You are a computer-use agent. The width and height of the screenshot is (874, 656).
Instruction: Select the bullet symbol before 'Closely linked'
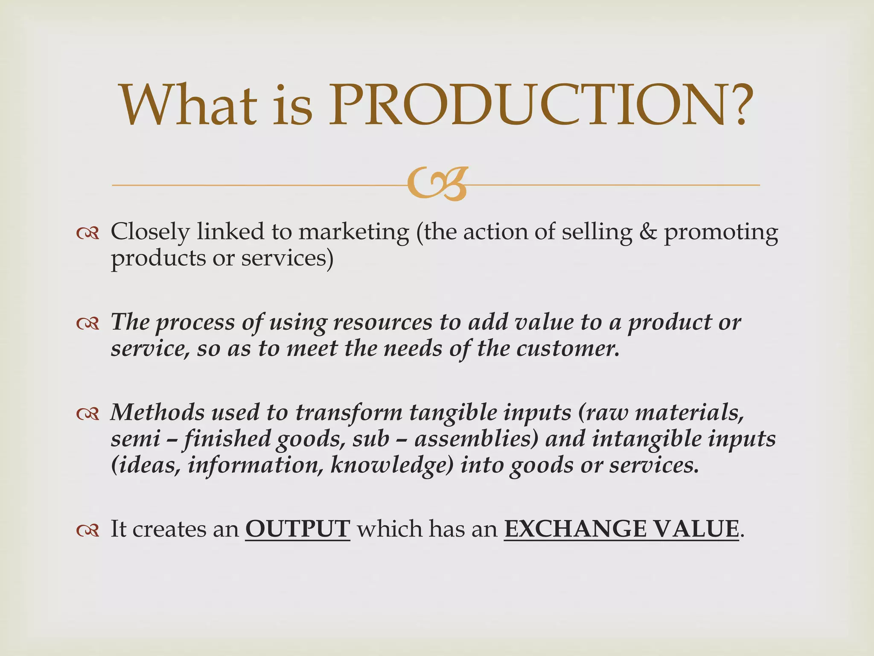pyautogui.click(x=88, y=233)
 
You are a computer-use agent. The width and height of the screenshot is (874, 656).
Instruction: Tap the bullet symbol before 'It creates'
pyautogui.click(x=88, y=530)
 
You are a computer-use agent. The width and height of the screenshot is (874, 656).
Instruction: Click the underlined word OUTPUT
pyautogui.click(x=297, y=529)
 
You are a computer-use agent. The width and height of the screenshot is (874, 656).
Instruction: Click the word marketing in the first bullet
pyautogui.click(x=353, y=233)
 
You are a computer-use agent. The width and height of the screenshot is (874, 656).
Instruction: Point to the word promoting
pyautogui.click(x=721, y=233)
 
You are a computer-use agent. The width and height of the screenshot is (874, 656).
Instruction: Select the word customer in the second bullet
pyautogui.click(x=567, y=349)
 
